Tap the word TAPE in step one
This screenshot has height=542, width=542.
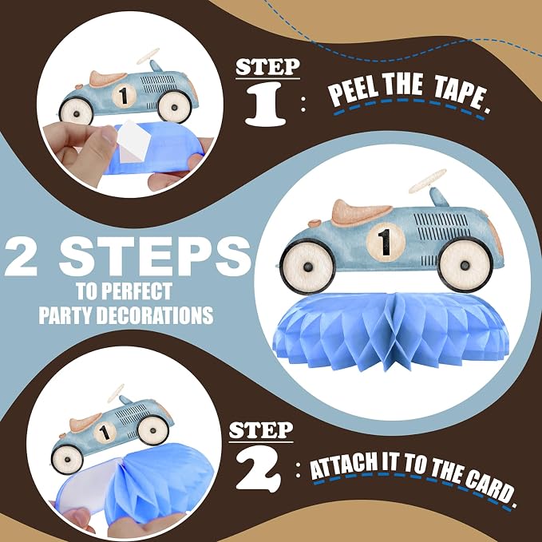pyautogui.click(x=462, y=96)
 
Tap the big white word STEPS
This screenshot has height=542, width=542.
pyautogui.click(x=155, y=257)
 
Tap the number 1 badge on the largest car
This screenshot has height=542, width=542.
pyautogui.click(x=386, y=242)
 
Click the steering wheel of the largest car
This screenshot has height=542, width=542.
pyautogui.click(x=428, y=180)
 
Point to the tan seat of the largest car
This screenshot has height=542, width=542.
pyautogui.click(x=362, y=212)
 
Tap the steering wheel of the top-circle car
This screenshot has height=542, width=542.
pyautogui.click(x=148, y=56)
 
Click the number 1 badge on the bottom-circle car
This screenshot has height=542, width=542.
pyautogui.click(x=105, y=433)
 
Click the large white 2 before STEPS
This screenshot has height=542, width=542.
pyautogui.click(x=22, y=257)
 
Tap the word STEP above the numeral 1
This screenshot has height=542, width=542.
pyautogui.click(x=267, y=67)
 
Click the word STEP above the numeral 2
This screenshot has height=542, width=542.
pyautogui.click(x=261, y=430)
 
